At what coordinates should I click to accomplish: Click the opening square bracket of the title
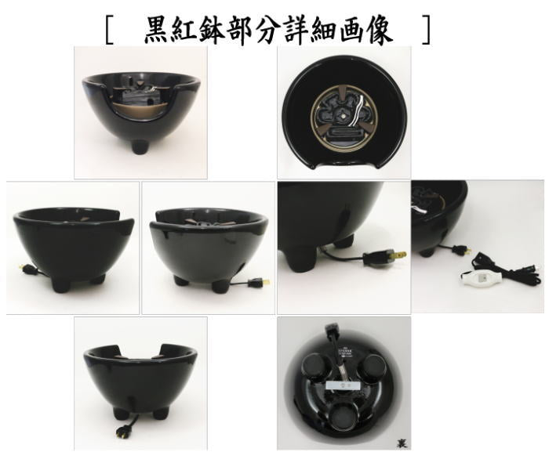coord(110,30)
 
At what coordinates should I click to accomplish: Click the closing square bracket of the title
coord(426,30)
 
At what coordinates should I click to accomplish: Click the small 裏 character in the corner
coord(402,443)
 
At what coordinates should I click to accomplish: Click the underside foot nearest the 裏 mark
coord(343,418)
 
